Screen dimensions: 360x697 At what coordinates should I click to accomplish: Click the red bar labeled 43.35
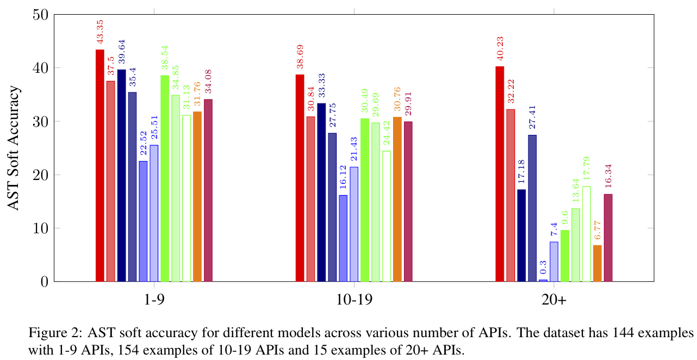(99, 165)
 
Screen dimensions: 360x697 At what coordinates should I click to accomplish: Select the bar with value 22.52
(143, 221)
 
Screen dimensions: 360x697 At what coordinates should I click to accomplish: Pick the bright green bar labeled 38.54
(165, 178)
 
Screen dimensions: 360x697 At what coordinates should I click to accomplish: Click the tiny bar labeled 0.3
(543, 280)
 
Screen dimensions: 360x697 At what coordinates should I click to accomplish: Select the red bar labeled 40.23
(500, 174)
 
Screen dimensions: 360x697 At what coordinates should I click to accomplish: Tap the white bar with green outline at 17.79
(587, 234)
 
